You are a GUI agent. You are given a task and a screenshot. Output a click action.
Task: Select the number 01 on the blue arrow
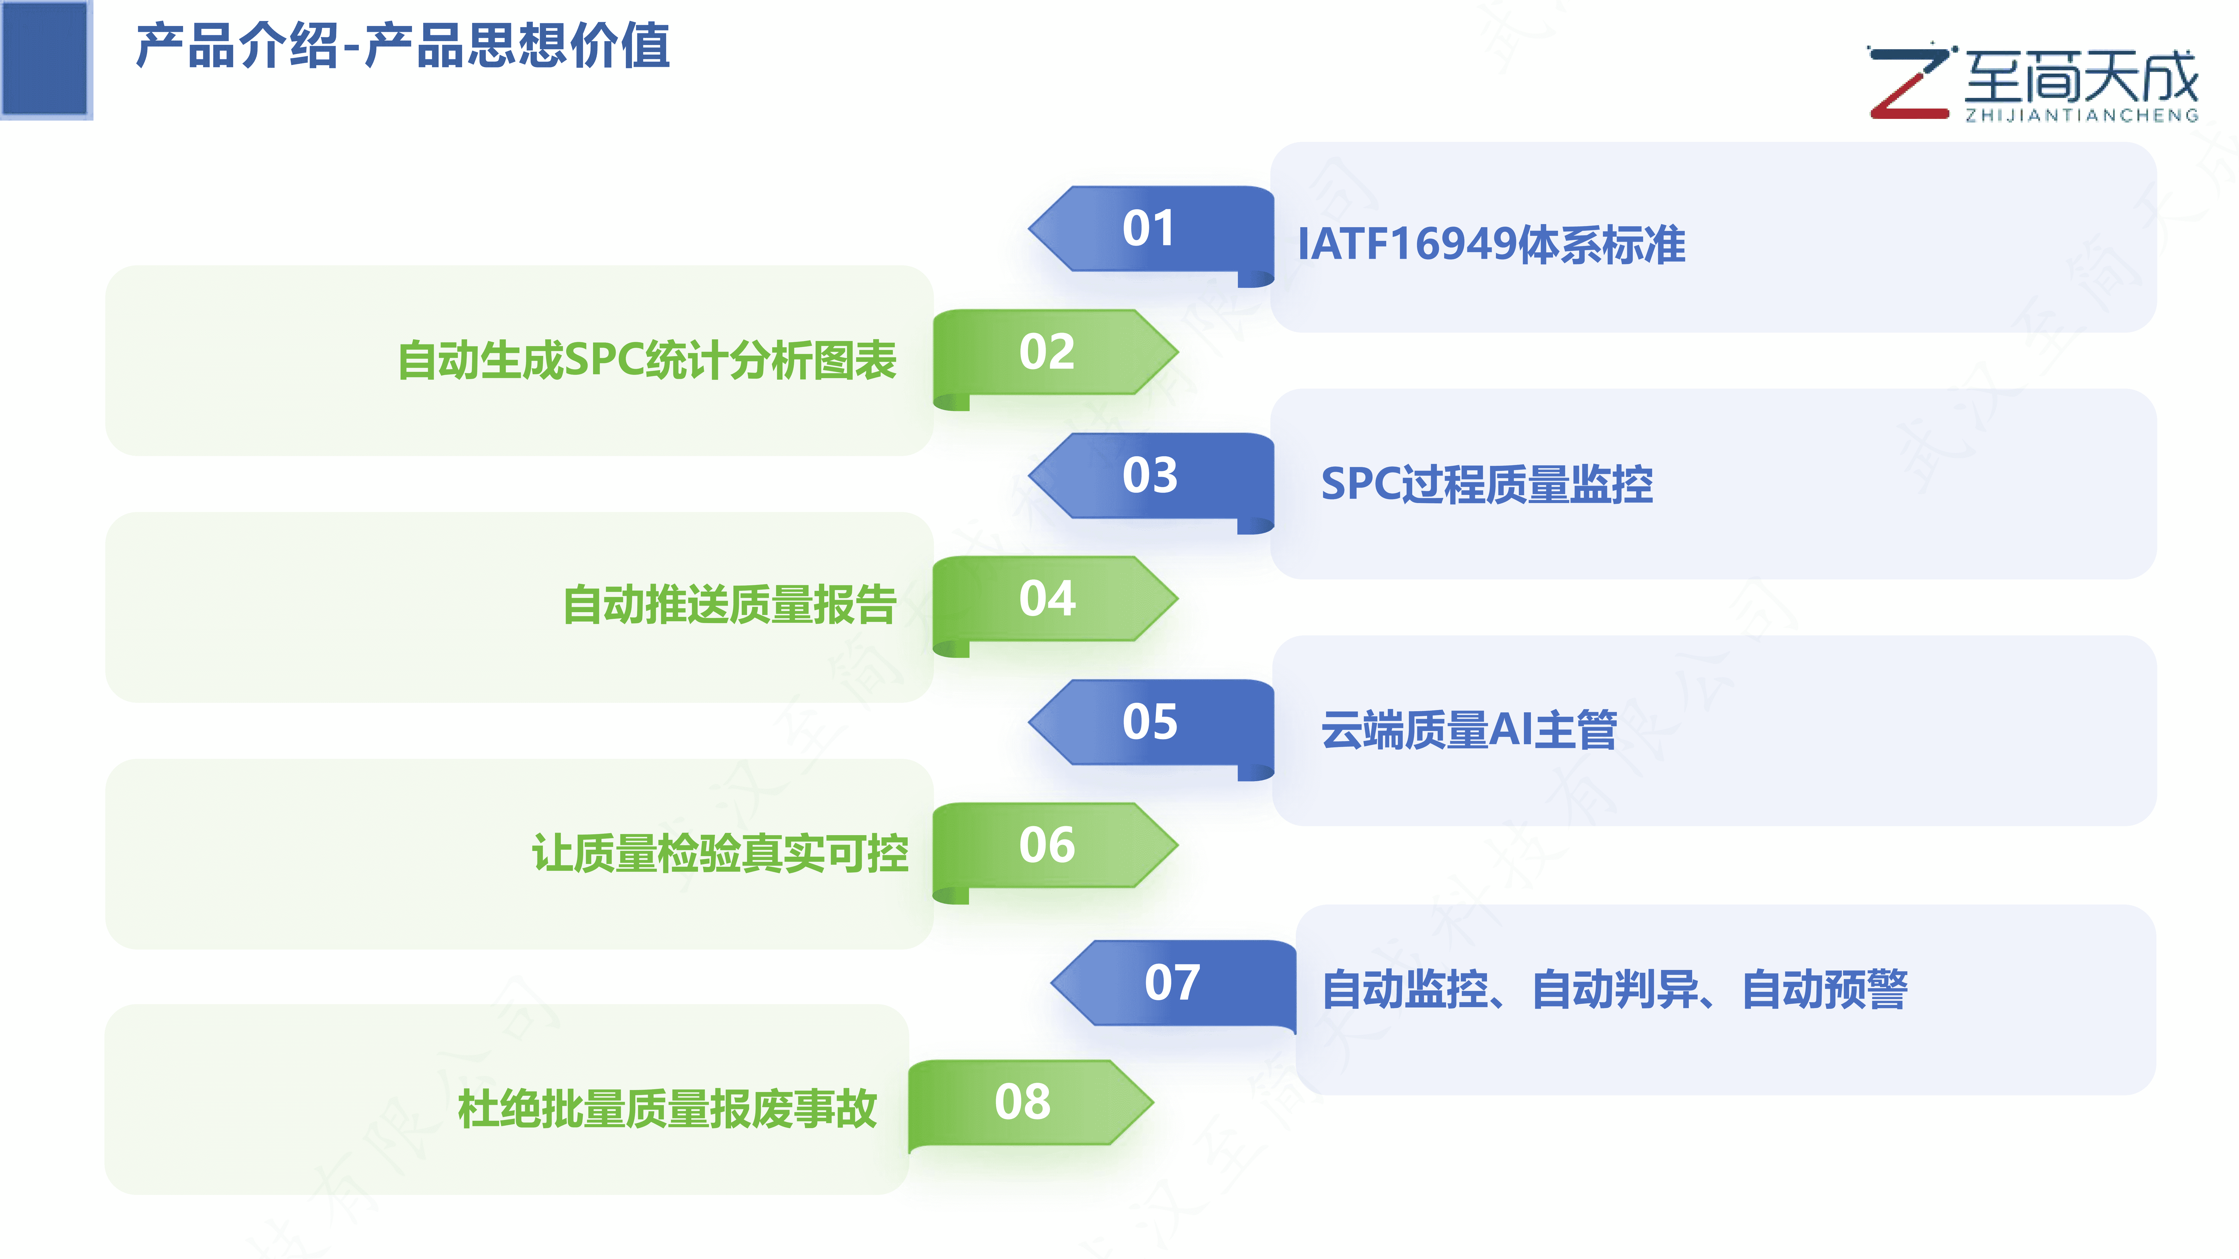(1148, 229)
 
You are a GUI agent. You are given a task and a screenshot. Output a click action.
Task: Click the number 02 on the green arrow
(1046, 352)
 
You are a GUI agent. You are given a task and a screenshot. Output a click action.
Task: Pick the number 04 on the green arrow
(1046, 599)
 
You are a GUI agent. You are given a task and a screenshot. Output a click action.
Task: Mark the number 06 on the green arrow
(1046, 845)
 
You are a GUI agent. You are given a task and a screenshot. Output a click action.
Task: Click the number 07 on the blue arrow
(1172, 983)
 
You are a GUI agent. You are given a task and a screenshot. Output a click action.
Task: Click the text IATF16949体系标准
(1491, 244)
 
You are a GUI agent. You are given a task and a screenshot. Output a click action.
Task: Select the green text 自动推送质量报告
(729, 605)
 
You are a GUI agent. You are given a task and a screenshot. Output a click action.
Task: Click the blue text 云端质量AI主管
(1469, 730)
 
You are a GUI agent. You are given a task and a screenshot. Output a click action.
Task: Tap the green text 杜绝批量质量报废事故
(667, 1110)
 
